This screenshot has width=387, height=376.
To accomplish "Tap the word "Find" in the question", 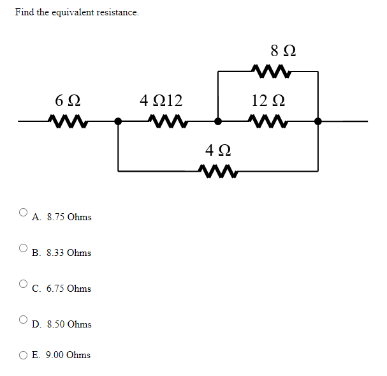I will [x=25, y=13].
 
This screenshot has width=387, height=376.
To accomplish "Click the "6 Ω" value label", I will [x=67, y=101].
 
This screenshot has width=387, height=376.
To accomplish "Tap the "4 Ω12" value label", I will [x=161, y=100].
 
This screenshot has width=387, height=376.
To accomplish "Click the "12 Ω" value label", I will [x=267, y=100].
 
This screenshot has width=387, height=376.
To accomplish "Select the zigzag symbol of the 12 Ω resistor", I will [x=268, y=120].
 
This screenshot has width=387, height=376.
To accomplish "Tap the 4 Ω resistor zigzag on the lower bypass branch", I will [x=217, y=171].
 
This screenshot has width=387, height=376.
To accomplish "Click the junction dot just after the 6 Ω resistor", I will [x=118, y=120].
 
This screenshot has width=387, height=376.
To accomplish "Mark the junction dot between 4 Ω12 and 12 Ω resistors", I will [x=218, y=120].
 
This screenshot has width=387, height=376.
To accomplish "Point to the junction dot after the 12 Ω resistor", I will [x=318, y=120].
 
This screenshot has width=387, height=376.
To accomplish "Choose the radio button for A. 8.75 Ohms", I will [x=24, y=212].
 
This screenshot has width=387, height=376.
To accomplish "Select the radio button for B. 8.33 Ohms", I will [x=24, y=248].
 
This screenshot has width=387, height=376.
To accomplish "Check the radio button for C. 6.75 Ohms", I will [x=24, y=283].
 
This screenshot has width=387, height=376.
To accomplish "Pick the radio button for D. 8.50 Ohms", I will [x=24, y=319].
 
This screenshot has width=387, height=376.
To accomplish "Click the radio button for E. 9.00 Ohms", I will [x=24, y=355].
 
